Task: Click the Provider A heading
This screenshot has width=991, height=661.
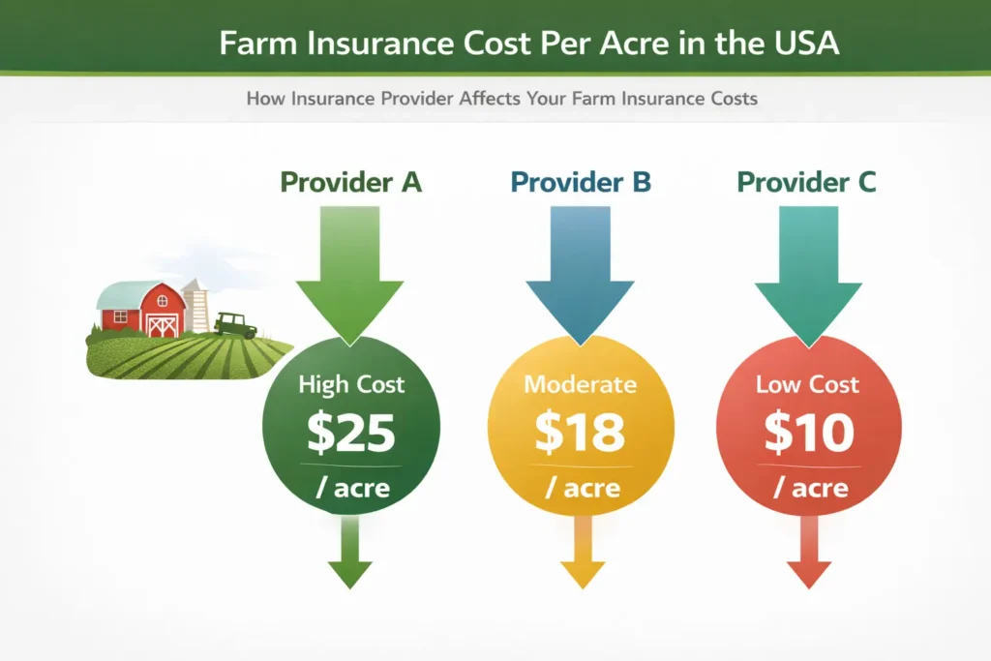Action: click(x=350, y=182)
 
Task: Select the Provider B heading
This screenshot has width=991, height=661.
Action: click(x=581, y=182)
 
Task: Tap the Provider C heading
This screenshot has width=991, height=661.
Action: click(x=806, y=182)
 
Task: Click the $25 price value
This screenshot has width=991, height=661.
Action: click(x=350, y=435)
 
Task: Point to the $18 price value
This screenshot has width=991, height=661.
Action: click(x=580, y=435)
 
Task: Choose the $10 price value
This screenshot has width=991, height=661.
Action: click(x=808, y=435)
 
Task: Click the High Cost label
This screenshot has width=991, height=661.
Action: click(x=350, y=384)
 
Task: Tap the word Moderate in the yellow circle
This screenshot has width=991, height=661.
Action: click(x=580, y=384)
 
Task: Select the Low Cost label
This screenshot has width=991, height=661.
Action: click(x=808, y=384)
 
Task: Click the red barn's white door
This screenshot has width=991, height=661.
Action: click(x=162, y=325)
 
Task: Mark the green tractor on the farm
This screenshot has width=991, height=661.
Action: click(x=234, y=324)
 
